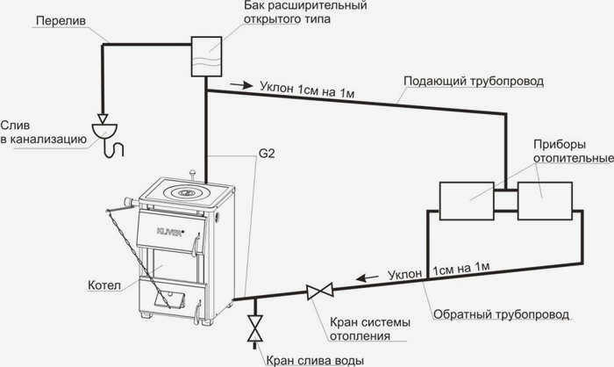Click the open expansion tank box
(x=206, y=56)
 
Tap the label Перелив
(x=61, y=20)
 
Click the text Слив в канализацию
(x=43, y=133)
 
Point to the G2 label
(x=267, y=154)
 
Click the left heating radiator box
(x=467, y=201)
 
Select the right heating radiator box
(x=545, y=201)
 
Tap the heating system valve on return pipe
(x=320, y=291)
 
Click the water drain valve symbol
(x=255, y=328)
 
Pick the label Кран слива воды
(x=315, y=360)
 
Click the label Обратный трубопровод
(x=501, y=314)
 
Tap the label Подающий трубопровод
(x=474, y=81)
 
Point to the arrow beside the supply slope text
(x=241, y=84)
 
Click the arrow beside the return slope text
(x=367, y=278)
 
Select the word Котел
(x=104, y=285)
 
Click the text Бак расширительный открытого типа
(x=305, y=12)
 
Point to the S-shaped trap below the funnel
(x=113, y=148)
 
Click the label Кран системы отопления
(x=369, y=329)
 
